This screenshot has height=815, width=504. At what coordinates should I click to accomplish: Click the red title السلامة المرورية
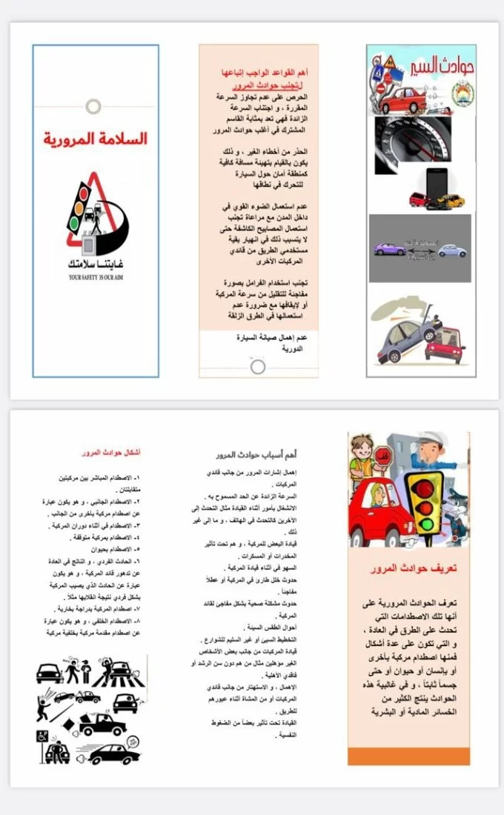coord(95,139)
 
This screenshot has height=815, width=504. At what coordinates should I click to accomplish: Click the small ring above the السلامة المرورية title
coord(93,106)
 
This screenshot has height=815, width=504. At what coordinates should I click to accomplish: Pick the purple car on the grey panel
coord(391,249)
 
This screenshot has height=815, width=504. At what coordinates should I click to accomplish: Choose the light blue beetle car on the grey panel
coord(451,250)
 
